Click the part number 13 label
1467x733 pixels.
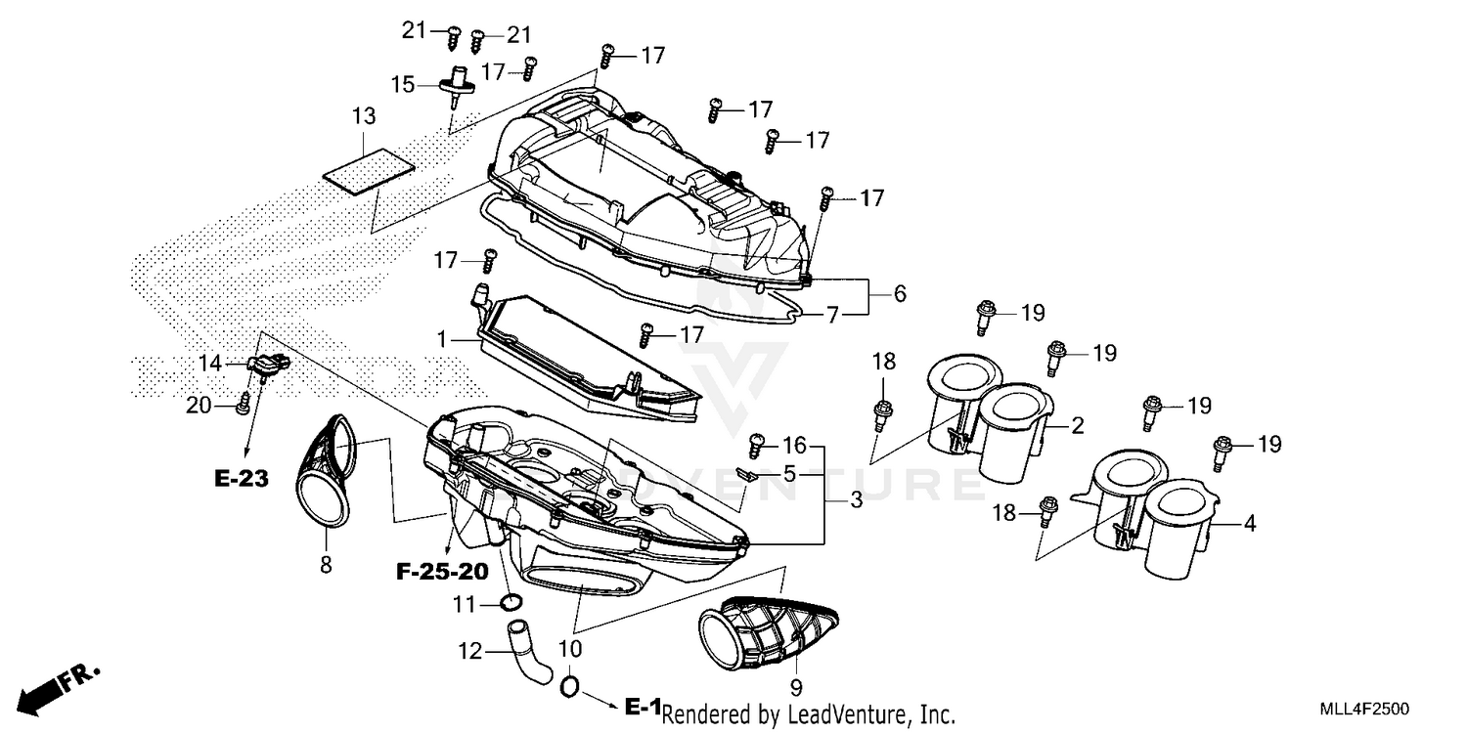click(x=364, y=116)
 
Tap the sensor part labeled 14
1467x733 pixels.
click(x=267, y=365)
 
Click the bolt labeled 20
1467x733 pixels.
click(x=243, y=403)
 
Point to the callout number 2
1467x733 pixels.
click(x=1076, y=425)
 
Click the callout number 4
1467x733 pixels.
click(x=1248, y=525)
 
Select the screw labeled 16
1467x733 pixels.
click(x=756, y=446)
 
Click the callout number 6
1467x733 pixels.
click(x=899, y=292)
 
